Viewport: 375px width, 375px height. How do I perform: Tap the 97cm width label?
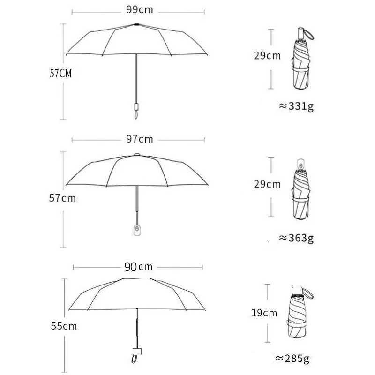(139, 139)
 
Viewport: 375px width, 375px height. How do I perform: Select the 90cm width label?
(138, 267)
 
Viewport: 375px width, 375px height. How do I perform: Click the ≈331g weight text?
(296, 106)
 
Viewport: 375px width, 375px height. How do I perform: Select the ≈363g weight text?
(296, 237)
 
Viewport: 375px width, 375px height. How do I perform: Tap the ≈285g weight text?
(292, 360)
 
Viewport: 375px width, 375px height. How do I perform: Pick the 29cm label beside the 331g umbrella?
(267, 56)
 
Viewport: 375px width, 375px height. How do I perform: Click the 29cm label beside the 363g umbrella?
(267, 184)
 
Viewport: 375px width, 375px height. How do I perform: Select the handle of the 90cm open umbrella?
(136, 352)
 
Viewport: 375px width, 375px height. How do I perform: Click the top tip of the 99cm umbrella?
(136, 23)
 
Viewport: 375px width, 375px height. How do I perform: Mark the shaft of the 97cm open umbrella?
(136, 202)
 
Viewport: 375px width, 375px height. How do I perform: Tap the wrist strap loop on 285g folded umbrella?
(309, 295)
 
